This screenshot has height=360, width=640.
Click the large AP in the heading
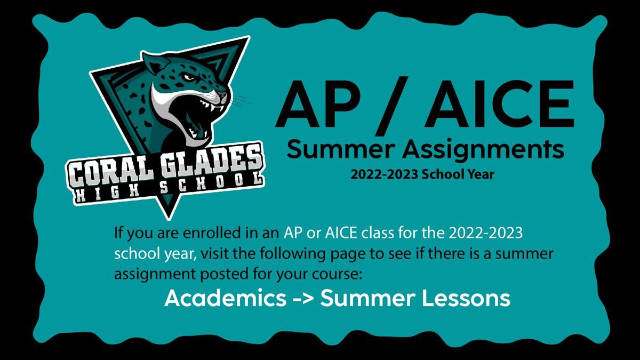click(318, 104)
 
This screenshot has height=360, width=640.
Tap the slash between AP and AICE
click(391, 106)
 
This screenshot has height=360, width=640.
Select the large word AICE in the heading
click(499, 104)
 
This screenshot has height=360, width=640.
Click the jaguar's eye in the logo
click(189, 77)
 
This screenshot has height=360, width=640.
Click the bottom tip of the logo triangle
click(169, 219)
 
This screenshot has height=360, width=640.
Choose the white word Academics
click(226, 298)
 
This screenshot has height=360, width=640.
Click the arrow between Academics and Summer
click(303, 299)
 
